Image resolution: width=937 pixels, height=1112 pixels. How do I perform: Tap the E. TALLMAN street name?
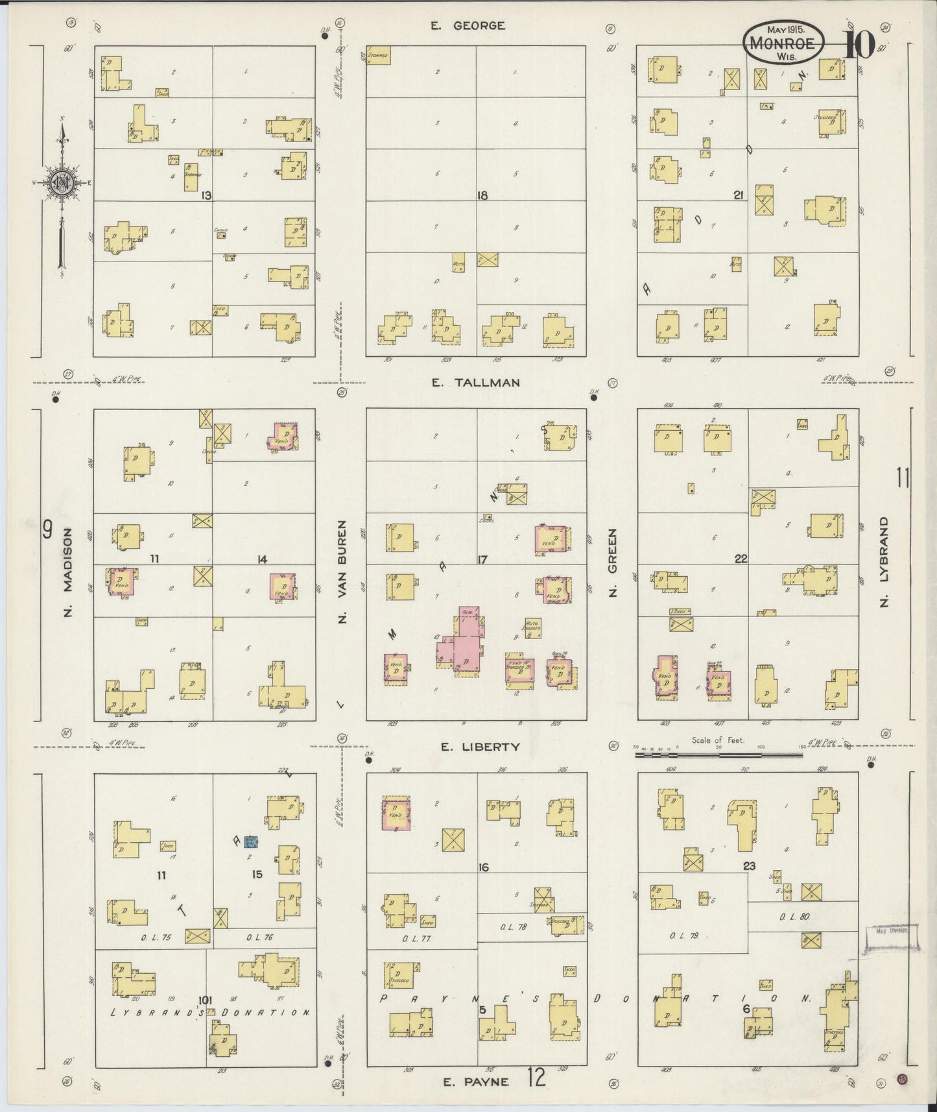tap(476, 383)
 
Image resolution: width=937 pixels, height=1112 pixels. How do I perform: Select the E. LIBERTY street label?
tap(480, 747)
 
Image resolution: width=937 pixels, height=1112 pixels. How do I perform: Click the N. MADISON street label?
tap(67, 572)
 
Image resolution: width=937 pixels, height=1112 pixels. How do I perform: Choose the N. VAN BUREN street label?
tap(342, 572)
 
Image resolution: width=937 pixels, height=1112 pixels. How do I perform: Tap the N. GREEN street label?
tap(612, 562)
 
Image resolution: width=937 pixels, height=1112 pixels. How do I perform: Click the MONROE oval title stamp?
tap(784, 42)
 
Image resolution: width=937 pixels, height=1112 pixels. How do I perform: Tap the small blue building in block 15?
tap(251, 841)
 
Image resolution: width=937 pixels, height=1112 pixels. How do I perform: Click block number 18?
tap(482, 195)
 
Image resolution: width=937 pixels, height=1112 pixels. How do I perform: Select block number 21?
tap(738, 194)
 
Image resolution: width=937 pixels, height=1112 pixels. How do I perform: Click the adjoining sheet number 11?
tap(903, 478)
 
